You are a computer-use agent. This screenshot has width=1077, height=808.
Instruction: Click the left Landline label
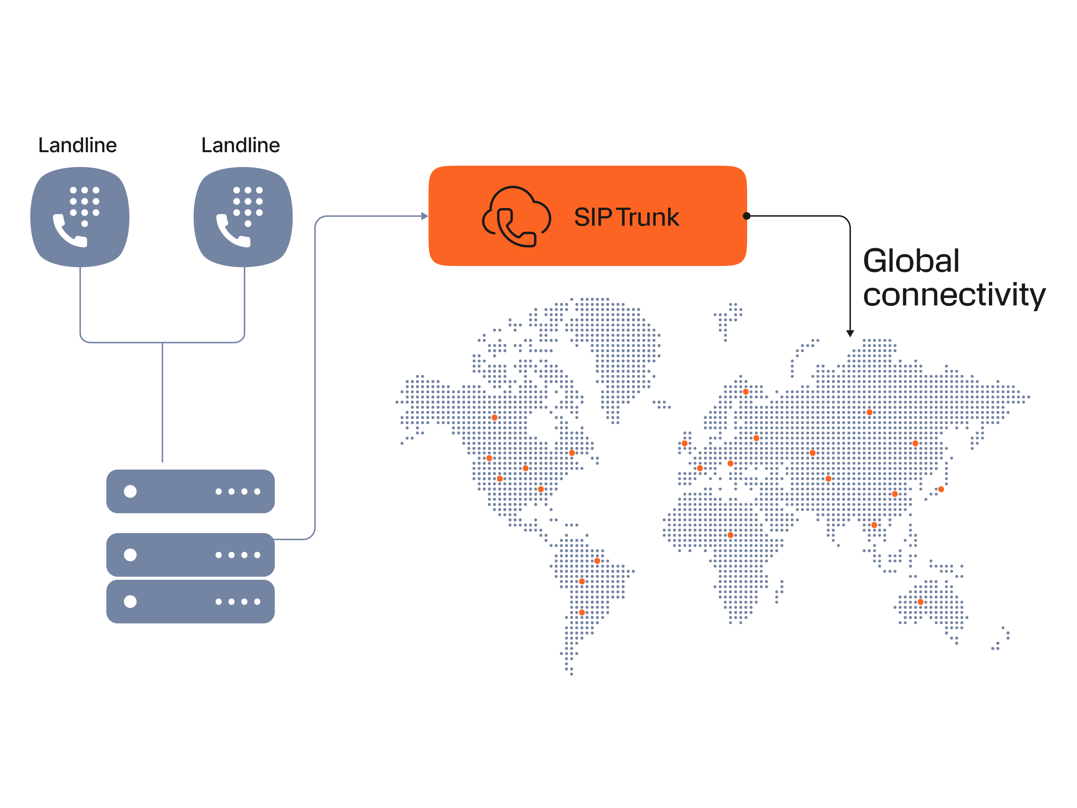tap(77, 145)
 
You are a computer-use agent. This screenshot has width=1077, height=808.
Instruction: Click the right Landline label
tap(241, 145)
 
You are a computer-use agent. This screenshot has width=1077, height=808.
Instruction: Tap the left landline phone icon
tap(80, 217)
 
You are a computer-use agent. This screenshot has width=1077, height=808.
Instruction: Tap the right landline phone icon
tap(243, 217)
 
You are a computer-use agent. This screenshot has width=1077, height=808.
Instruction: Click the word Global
tap(910, 261)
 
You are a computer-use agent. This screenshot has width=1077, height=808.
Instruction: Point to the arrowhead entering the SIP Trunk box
tap(424, 216)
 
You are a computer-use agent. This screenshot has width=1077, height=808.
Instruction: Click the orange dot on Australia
tap(920, 602)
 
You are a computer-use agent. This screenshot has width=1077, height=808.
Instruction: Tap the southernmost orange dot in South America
tap(582, 612)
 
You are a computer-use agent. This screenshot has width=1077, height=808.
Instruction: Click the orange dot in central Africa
tap(730, 535)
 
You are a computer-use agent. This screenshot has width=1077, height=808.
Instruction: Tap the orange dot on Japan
tap(941, 489)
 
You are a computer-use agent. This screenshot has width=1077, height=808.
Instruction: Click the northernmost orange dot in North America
tap(494, 417)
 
